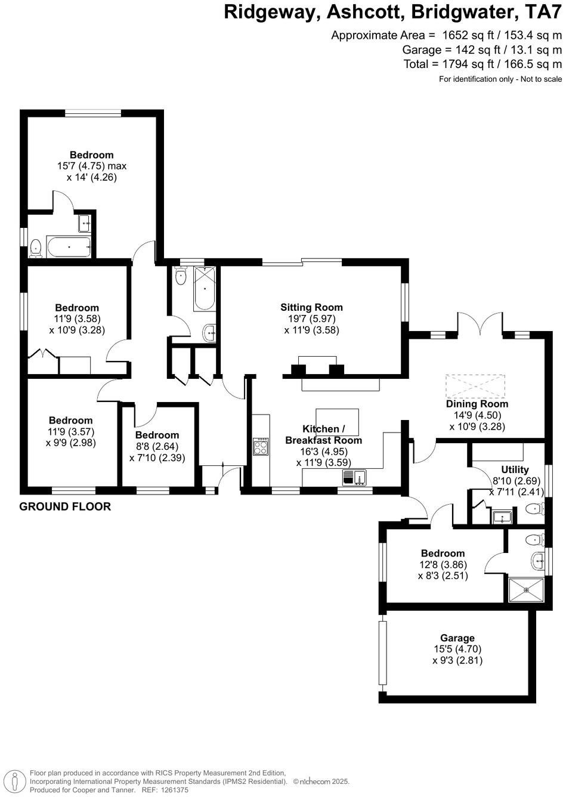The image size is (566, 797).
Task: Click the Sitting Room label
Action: (311, 307)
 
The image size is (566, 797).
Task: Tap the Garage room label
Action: (457, 638)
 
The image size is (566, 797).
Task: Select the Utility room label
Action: (515, 469)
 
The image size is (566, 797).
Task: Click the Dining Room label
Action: (477, 404)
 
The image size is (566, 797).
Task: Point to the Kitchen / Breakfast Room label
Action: (323, 435)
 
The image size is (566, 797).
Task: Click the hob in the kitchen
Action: (261, 447)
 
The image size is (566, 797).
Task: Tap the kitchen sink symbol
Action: (354, 477)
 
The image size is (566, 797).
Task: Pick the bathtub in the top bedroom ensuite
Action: (69, 246)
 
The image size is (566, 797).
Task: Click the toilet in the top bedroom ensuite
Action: (36, 248)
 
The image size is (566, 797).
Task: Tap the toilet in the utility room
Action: (536, 509)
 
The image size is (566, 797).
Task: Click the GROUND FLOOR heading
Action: (65, 506)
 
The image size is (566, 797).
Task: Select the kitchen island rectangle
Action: (337, 421)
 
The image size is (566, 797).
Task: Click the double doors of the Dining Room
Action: (480, 326)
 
